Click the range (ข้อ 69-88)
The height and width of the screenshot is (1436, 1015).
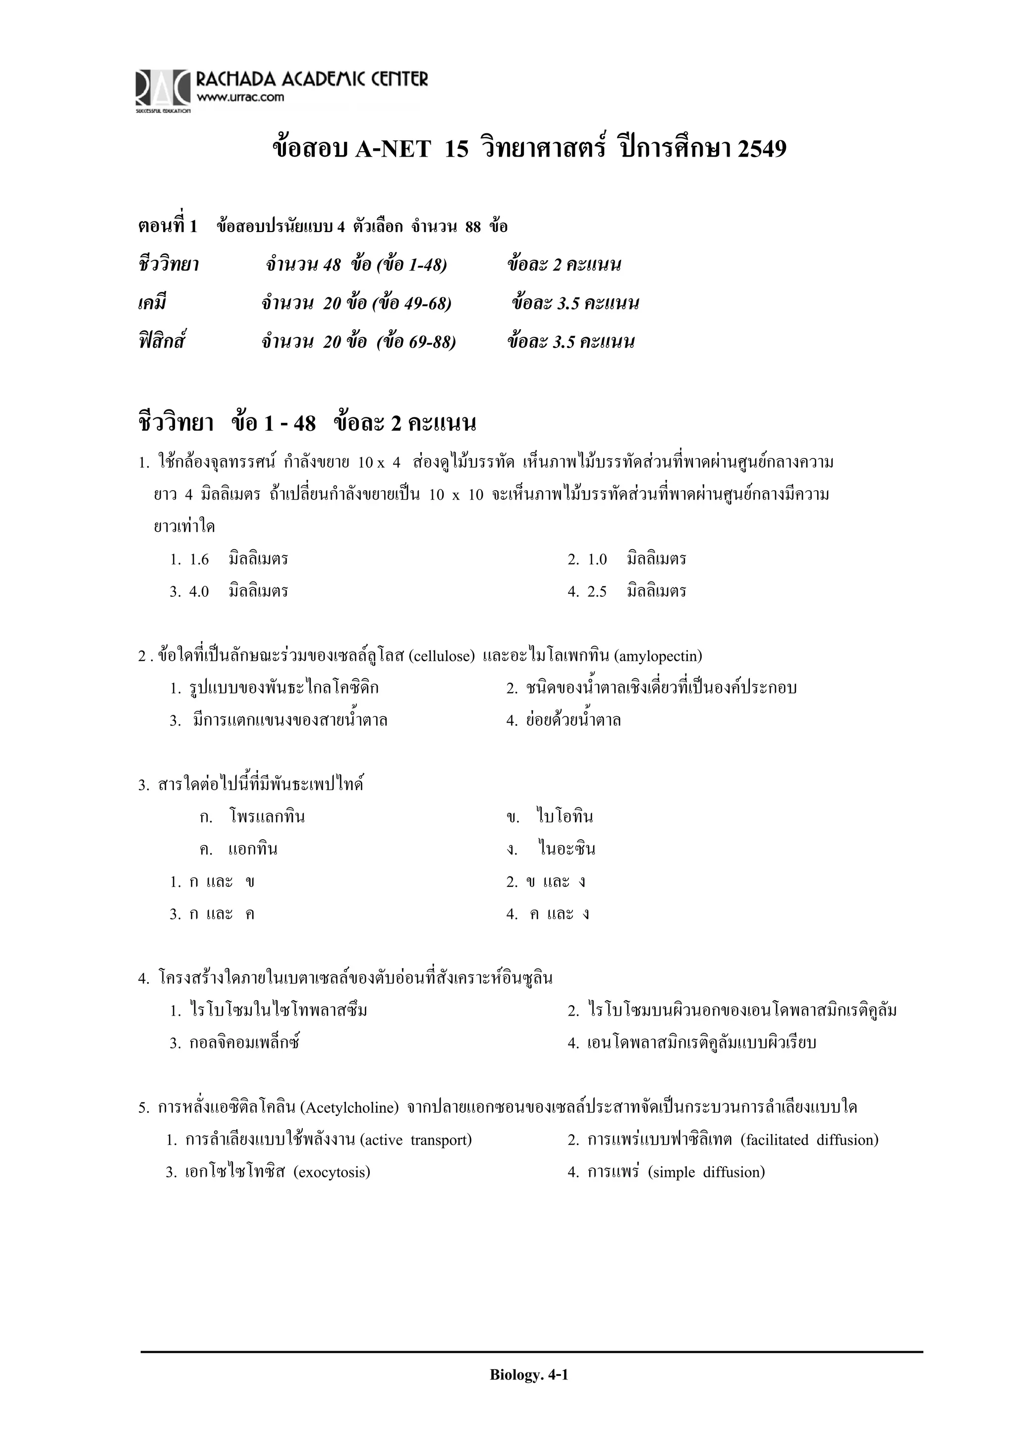[416, 342]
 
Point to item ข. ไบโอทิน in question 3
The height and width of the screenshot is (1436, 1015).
[550, 817]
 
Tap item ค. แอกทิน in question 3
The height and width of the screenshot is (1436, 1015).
[239, 849]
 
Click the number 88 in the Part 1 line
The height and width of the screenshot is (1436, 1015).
[473, 227]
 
